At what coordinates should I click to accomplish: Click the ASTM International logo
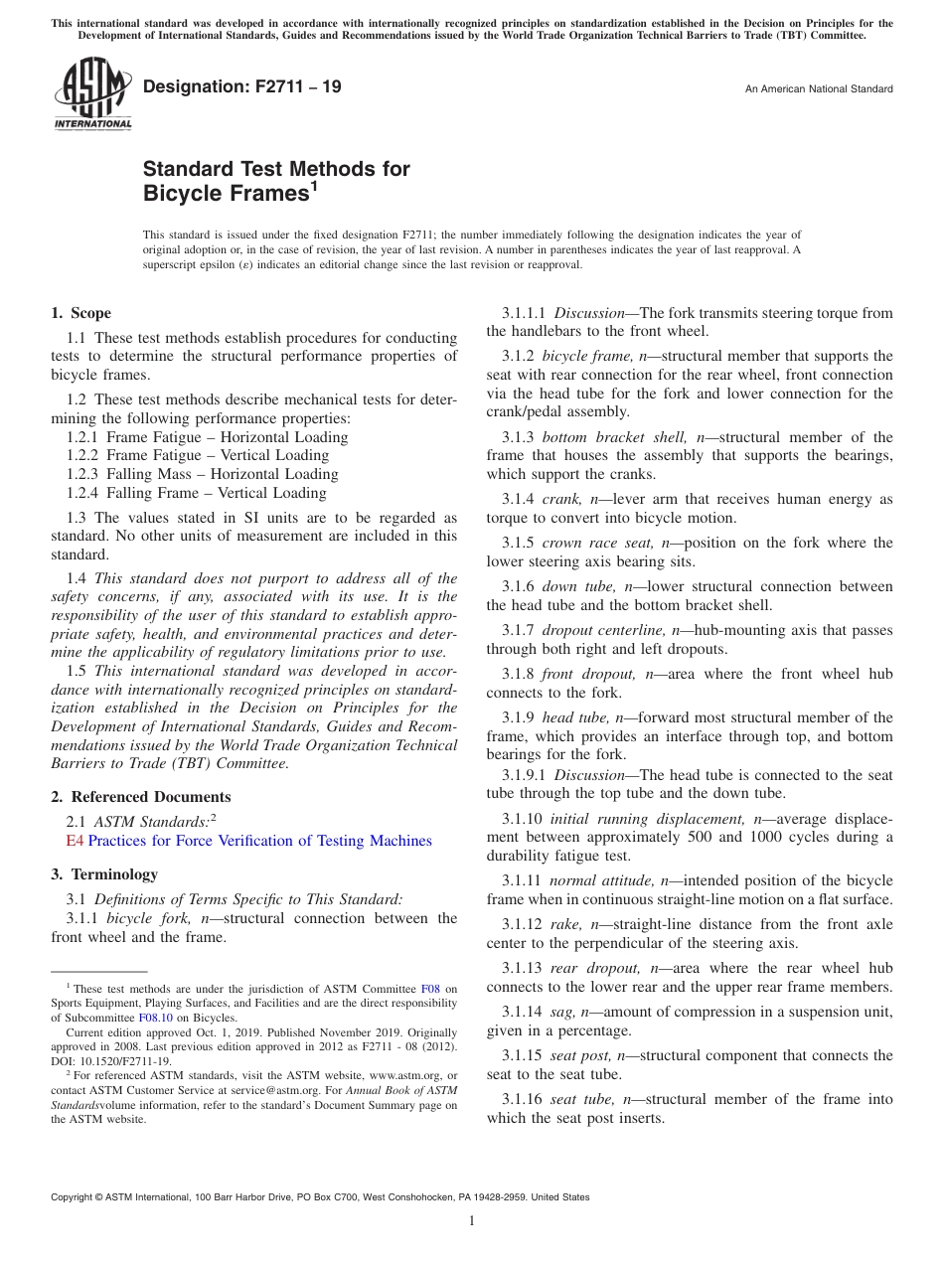(91, 94)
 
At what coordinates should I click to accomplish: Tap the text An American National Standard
(818, 89)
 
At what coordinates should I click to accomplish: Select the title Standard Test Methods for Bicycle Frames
(276, 181)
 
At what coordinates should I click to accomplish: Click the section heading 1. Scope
(81, 313)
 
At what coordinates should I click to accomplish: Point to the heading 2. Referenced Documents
(141, 797)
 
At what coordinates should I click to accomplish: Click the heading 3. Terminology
(104, 874)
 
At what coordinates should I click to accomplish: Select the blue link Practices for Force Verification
(259, 841)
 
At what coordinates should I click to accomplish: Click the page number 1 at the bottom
(472, 1221)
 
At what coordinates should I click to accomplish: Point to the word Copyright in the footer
(76, 1197)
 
